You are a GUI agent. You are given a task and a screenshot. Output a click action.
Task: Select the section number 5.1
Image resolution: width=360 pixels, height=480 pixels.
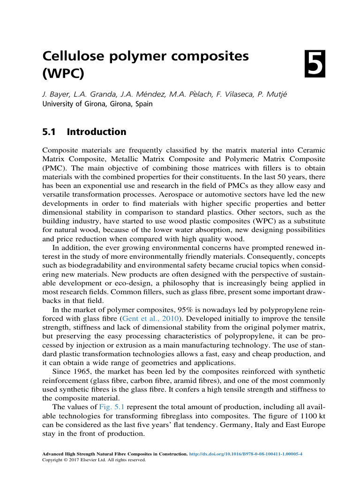tap(49, 132)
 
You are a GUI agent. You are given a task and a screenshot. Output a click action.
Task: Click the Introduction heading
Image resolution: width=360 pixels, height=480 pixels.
tap(97, 132)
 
